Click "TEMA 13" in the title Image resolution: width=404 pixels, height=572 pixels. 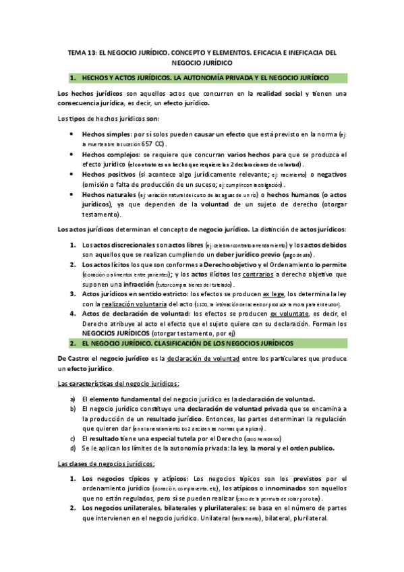coord(83,51)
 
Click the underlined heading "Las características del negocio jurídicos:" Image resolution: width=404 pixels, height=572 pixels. coord(118,383)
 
